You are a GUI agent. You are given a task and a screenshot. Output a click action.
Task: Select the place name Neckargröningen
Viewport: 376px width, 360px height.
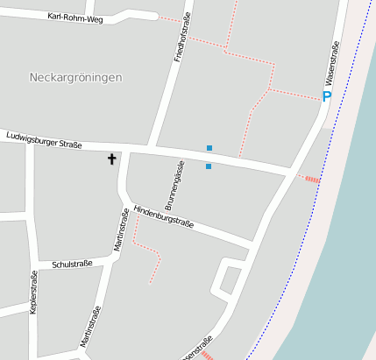(75, 77)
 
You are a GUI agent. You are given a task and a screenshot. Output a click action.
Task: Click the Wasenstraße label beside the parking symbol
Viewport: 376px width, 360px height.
(333, 60)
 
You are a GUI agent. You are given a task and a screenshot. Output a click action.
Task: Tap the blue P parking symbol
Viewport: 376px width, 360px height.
(326, 97)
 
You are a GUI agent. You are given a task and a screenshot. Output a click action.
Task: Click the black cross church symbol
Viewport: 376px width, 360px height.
(111, 159)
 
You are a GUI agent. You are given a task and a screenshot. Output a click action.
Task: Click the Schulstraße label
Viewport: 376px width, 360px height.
(71, 263)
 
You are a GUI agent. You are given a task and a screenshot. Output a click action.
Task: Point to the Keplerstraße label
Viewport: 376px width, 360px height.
(34, 292)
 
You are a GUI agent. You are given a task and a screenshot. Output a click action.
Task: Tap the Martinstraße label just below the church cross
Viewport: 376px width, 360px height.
(123, 230)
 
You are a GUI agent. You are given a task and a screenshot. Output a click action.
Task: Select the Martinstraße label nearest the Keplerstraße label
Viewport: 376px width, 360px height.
(91, 326)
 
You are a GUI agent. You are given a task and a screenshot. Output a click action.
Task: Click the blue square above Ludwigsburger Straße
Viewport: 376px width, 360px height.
(209, 147)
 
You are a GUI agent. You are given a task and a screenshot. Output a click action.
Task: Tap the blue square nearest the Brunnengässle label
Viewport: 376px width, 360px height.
(209, 166)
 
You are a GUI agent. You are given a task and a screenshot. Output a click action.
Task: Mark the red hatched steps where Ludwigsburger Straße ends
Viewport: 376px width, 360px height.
(311, 179)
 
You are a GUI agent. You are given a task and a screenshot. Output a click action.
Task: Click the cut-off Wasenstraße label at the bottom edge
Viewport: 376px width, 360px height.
(197, 349)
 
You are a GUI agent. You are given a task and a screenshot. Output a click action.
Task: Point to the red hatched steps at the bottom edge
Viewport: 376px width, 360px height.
(207, 355)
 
